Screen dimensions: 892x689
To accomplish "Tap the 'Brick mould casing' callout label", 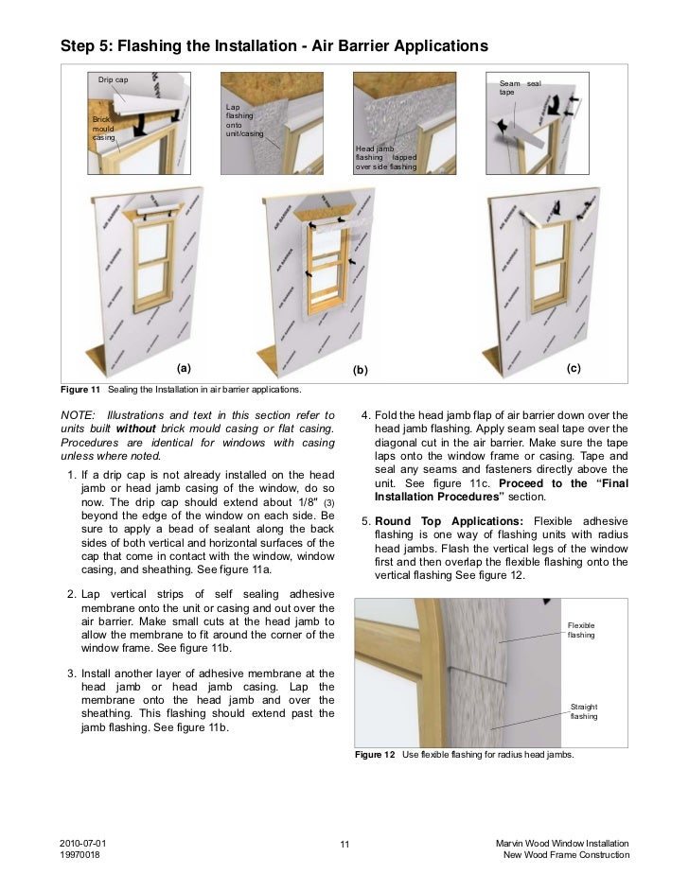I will (x=102, y=129).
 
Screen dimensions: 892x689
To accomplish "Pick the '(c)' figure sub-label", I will (x=573, y=367).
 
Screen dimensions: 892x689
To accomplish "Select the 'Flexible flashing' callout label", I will (x=580, y=630).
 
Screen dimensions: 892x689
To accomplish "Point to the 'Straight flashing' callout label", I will (x=583, y=711).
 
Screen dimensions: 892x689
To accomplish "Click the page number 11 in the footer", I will (x=344, y=844).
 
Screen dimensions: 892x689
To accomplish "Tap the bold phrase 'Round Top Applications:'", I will (x=449, y=521).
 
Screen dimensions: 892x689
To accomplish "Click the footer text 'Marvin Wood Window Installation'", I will (x=562, y=843).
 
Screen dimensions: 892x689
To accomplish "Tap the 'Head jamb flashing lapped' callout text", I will (x=386, y=156).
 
